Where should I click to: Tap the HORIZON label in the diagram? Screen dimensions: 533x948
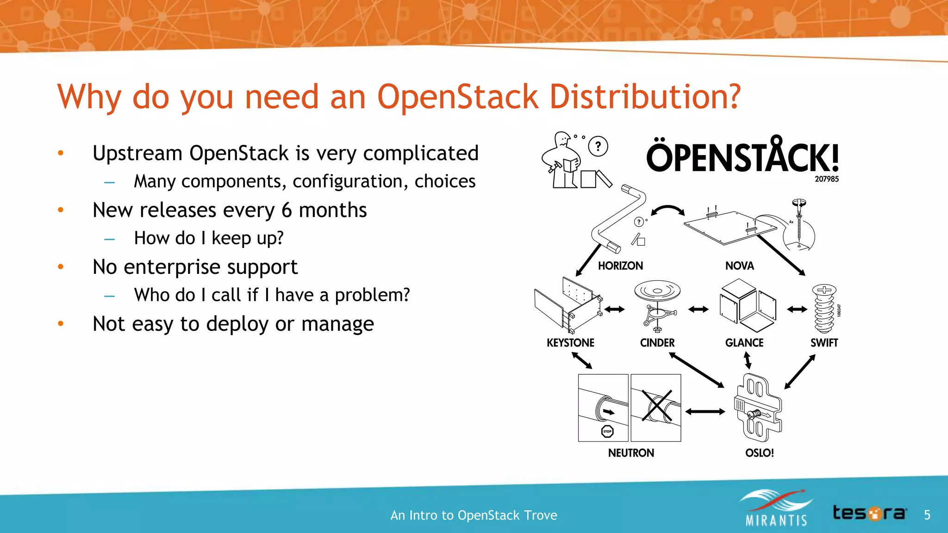click(x=620, y=266)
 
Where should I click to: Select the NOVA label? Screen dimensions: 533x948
click(x=739, y=266)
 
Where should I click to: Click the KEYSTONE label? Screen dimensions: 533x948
click(x=570, y=343)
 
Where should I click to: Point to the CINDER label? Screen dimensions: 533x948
click(x=657, y=343)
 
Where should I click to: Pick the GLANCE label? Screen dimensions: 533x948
click(x=744, y=343)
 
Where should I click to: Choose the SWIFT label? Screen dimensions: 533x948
click(x=824, y=343)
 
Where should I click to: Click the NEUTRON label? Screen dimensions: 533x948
click(x=631, y=453)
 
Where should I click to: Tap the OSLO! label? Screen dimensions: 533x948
click(x=759, y=453)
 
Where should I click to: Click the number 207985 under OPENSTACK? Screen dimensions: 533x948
click(x=826, y=179)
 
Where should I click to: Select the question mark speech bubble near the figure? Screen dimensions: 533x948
click(x=598, y=147)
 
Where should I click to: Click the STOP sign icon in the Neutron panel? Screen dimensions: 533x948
click(x=607, y=431)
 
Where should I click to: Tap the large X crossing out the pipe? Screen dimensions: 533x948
click(x=656, y=406)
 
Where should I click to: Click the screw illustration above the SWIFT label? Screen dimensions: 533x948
click(x=824, y=309)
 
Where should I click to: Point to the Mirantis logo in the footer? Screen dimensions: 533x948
click(x=776, y=509)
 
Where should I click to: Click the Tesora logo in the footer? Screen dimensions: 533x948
click(x=869, y=513)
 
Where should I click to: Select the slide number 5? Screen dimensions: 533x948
click(x=927, y=515)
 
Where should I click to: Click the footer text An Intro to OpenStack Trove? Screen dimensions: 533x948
click(x=474, y=515)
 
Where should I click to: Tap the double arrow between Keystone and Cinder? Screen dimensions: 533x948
click(x=614, y=309)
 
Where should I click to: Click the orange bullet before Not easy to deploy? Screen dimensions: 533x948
click(x=61, y=323)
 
